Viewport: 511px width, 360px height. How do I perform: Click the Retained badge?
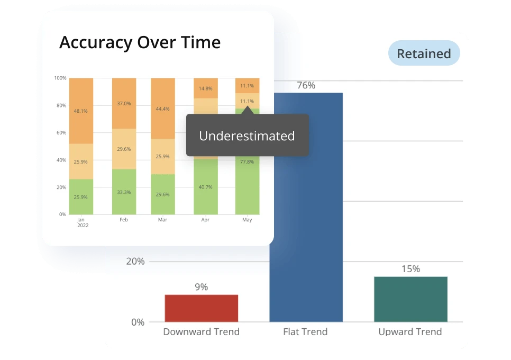pyautogui.click(x=424, y=53)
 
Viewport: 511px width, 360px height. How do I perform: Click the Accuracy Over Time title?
pyautogui.click(x=140, y=42)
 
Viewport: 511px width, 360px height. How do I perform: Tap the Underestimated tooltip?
pyautogui.click(x=247, y=136)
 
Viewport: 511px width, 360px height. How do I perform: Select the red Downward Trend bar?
pyautogui.click(x=201, y=309)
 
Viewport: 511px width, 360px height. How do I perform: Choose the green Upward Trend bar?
pyautogui.click(x=410, y=299)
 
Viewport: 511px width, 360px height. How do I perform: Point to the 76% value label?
pyautogui.click(x=306, y=85)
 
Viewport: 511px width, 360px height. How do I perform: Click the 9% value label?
pyautogui.click(x=201, y=287)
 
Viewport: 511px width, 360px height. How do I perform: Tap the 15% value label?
pyautogui.click(x=410, y=269)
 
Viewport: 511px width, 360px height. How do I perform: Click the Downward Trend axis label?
pyautogui.click(x=201, y=332)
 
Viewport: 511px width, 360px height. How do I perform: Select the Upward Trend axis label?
pyautogui.click(x=410, y=332)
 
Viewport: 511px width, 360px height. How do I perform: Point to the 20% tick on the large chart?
pyautogui.click(x=135, y=262)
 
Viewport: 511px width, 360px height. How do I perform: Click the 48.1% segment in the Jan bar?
pyautogui.click(x=81, y=111)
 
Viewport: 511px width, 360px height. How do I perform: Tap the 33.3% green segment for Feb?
pyautogui.click(x=124, y=192)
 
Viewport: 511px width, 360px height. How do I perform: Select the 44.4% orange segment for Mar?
pyautogui.click(x=163, y=109)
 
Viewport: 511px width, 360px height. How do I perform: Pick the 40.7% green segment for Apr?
pyautogui.click(x=206, y=187)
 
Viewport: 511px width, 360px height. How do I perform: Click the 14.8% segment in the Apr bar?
pyautogui.click(x=206, y=88)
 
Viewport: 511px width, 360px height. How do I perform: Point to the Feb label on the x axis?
pyautogui.click(x=124, y=220)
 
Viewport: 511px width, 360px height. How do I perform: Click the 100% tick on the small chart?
pyautogui.click(x=60, y=78)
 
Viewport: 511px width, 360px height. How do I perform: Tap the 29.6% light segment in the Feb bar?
pyautogui.click(x=124, y=149)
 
